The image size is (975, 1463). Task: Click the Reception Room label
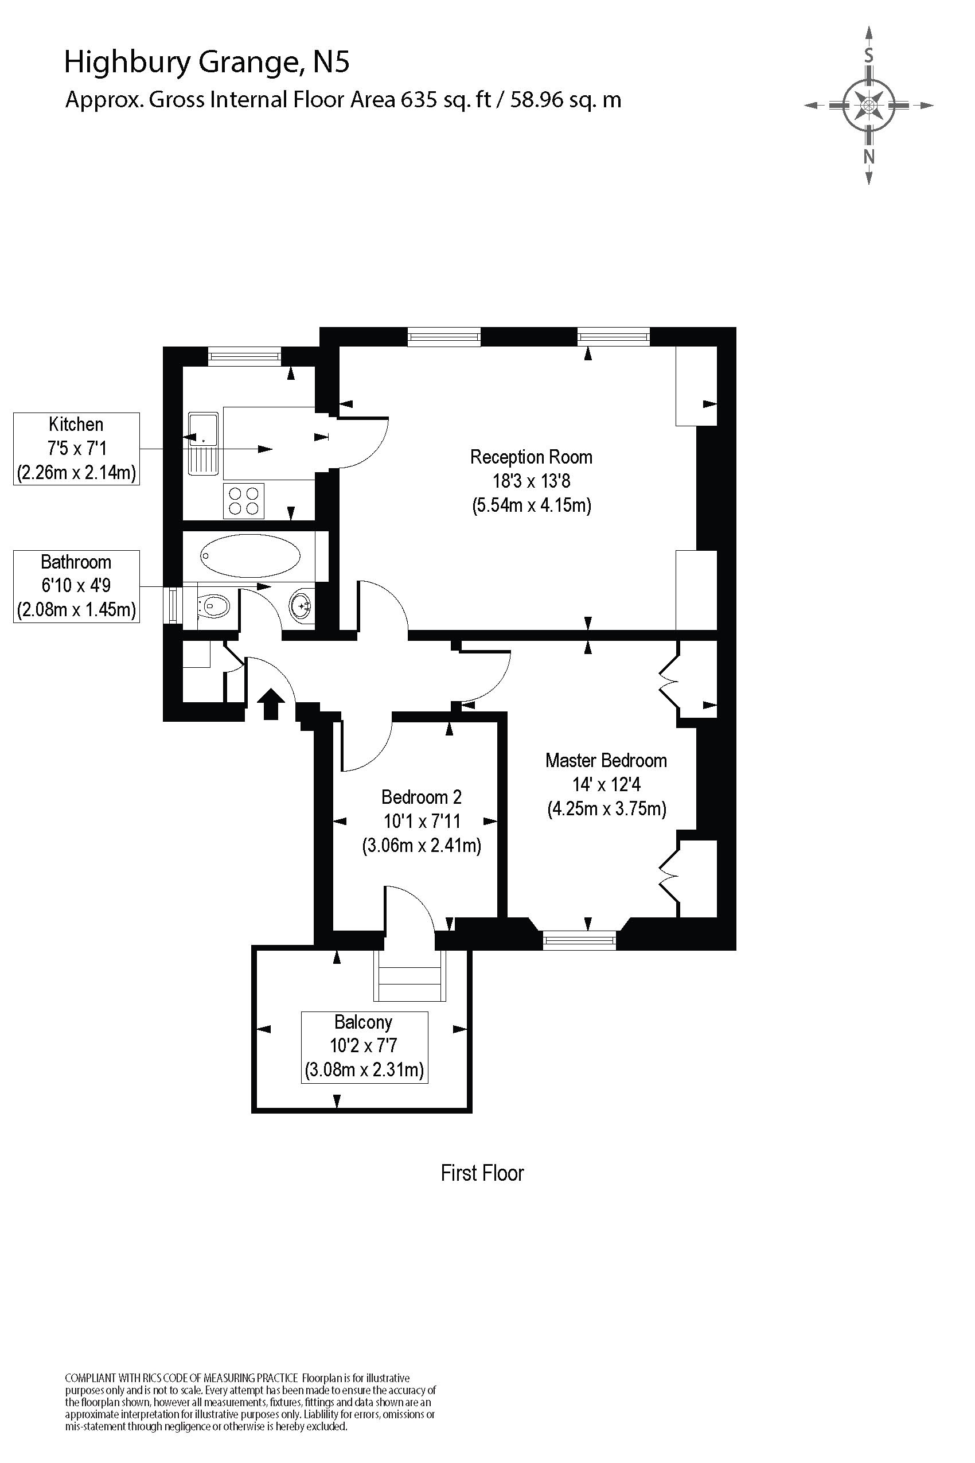click(531, 457)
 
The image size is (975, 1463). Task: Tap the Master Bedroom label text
click(606, 760)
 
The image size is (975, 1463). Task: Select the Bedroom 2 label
click(421, 797)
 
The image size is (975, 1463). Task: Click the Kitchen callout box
click(76, 449)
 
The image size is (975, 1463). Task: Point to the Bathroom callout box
click(76, 586)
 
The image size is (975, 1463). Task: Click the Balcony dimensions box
click(364, 1047)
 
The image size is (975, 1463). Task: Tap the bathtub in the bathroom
click(250, 555)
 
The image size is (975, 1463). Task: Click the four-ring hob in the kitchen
click(244, 501)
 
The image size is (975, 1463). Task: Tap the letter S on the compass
click(869, 56)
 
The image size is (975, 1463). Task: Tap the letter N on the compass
click(869, 157)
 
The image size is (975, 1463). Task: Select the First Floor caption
click(482, 1173)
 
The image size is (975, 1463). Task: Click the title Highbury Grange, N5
click(207, 62)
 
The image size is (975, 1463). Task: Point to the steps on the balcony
click(409, 975)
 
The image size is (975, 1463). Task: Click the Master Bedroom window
click(579, 940)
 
